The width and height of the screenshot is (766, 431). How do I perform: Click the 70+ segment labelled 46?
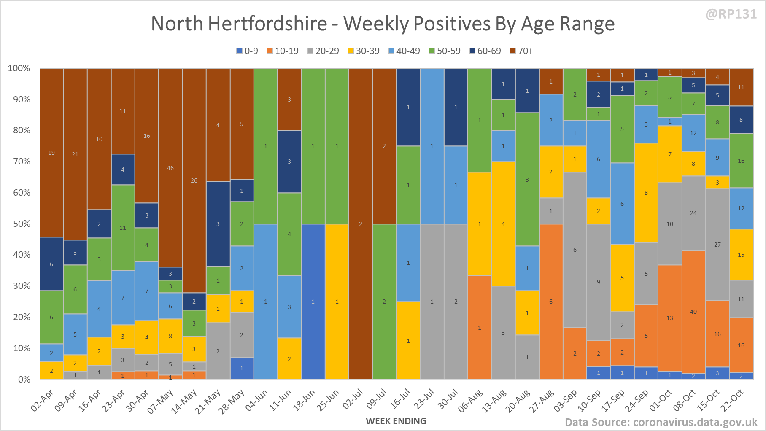pyautogui.click(x=170, y=168)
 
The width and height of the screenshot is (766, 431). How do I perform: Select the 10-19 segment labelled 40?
pyautogui.click(x=693, y=312)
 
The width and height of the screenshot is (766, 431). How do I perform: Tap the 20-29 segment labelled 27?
pyautogui.click(x=717, y=245)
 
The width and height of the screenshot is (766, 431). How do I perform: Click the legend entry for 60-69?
pyautogui.click(x=485, y=51)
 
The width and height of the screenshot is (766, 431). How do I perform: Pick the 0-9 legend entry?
pyautogui.click(x=247, y=51)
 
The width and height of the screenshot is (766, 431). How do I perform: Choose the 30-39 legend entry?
pyautogui.click(x=364, y=51)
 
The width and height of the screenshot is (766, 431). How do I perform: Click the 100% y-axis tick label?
pyautogui.click(x=19, y=68)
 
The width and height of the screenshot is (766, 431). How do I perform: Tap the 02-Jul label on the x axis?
pyautogui.click(x=353, y=399)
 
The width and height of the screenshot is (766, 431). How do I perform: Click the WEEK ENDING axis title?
pyautogui.click(x=396, y=421)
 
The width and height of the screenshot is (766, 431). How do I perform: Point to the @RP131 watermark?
pyautogui.click(x=731, y=14)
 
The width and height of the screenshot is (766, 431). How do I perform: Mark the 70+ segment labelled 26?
pyautogui.click(x=194, y=180)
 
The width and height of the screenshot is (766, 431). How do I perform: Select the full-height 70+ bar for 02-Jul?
pyautogui.click(x=361, y=224)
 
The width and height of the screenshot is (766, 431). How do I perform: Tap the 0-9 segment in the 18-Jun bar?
pyautogui.click(x=313, y=302)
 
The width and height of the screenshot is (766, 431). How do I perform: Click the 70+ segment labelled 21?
pyautogui.click(x=75, y=154)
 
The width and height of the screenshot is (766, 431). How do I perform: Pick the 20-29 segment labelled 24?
pyautogui.click(x=693, y=213)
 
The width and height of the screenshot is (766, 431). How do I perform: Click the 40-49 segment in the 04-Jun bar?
pyautogui.click(x=265, y=302)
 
